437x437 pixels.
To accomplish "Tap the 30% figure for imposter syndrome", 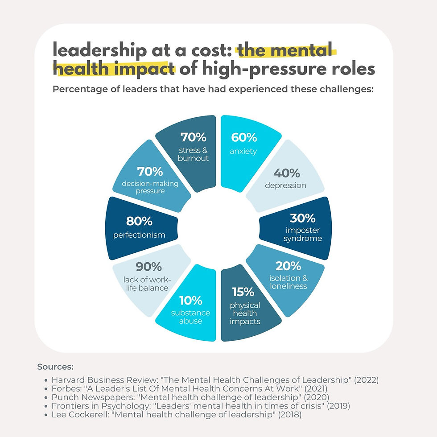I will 303,218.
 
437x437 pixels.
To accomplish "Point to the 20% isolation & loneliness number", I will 288,266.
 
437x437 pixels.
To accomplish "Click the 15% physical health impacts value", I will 243,292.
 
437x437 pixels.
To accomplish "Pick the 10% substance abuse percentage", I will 190,300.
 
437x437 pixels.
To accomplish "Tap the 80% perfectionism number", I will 140,221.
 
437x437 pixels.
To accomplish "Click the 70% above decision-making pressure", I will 150,171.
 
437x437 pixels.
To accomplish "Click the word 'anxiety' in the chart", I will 243,151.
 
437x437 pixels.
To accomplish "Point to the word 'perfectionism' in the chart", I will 140,235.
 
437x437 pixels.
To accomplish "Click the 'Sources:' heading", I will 55,367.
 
